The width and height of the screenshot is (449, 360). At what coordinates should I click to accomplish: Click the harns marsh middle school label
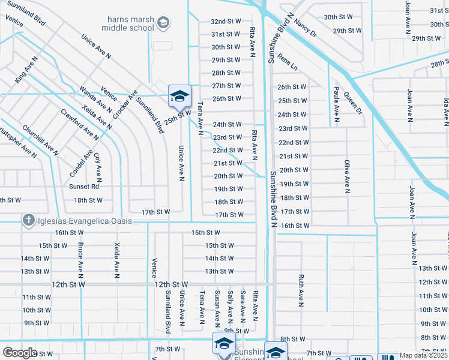tap(127, 23)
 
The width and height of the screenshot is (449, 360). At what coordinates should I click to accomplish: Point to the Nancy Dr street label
tap(306, 29)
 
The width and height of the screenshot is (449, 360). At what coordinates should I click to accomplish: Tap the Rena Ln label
tap(288, 61)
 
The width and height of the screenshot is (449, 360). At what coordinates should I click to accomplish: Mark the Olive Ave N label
tap(347, 176)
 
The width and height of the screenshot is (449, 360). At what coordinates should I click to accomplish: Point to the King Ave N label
tap(26, 70)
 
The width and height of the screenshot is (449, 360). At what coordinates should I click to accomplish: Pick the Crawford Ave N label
tap(79, 124)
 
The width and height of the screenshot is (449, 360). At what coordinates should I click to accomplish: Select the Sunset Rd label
tap(83, 187)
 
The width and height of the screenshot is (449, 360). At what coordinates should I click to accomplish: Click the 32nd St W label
tap(226, 21)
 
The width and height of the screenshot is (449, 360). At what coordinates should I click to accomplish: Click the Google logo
tap(20, 352)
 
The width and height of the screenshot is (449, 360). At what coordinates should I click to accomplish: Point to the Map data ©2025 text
tap(423, 355)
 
